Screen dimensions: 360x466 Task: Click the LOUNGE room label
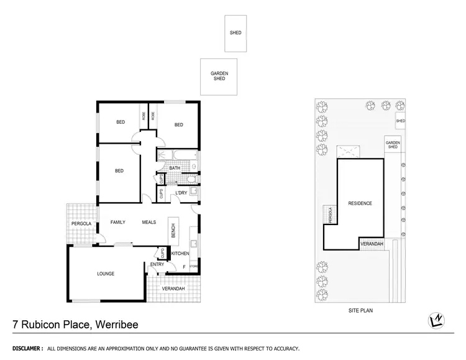tap(106, 274)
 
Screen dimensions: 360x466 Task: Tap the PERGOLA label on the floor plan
tap(81, 223)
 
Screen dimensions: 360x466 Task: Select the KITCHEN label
tap(180, 254)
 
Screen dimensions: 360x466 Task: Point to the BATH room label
tap(175, 168)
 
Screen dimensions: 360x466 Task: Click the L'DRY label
tap(181, 193)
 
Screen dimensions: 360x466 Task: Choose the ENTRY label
tap(157, 265)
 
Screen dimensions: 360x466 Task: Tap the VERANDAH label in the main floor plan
tap(173, 289)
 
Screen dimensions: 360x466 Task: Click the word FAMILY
tap(118, 222)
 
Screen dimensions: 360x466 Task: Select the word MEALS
tap(149, 222)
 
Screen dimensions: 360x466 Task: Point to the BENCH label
tap(173, 230)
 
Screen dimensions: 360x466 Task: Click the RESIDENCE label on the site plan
tap(360, 203)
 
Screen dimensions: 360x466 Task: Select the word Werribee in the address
tap(117, 324)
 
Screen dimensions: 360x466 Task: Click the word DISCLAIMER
tap(24, 349)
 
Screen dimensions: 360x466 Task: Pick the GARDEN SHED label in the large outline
tap(219, 76)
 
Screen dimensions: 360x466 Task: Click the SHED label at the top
tap(235, 33)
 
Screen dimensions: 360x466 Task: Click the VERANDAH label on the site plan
tap(372, 244)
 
